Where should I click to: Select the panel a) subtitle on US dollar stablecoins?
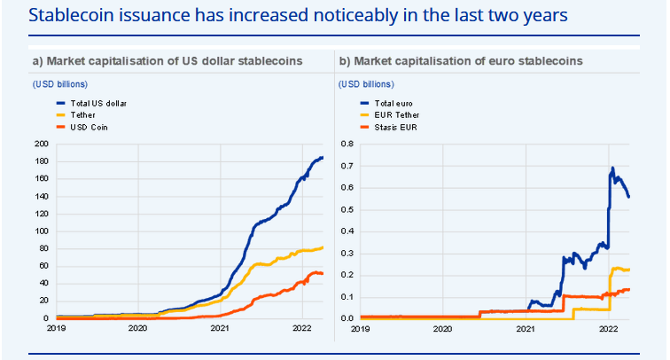coord(167,60)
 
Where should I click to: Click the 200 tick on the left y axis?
coord(41,144)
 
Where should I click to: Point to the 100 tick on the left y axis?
coord(41,231)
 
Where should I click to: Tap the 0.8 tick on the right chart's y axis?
coord(347,144)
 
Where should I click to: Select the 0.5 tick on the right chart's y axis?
coord(347,209)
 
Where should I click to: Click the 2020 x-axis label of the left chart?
coord(137,328)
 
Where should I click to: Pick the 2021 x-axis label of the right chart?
coord(526,328)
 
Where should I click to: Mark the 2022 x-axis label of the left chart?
coord(302,328)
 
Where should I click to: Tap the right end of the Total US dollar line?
coord(323,157)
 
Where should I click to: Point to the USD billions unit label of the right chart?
coord(366,84)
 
